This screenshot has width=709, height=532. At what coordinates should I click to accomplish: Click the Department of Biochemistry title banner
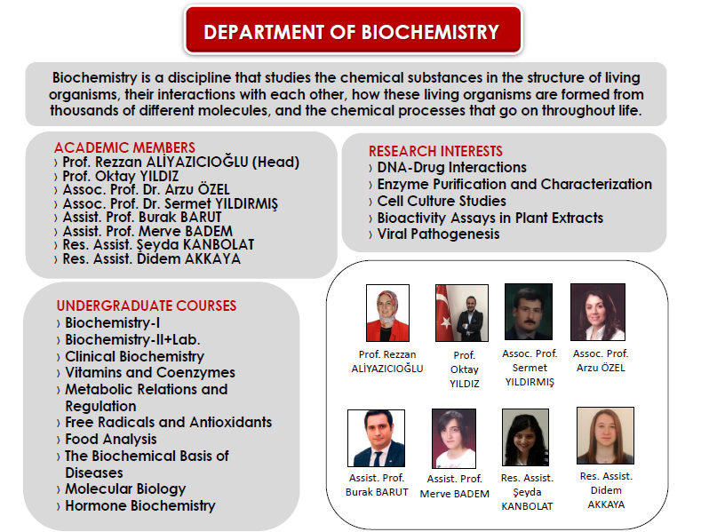coord(352,32)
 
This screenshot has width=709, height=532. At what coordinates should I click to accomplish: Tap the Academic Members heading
coord(124,147)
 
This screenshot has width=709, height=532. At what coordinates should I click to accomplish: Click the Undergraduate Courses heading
coord(147,306)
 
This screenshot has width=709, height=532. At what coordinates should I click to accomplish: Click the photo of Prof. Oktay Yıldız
coord(458,314)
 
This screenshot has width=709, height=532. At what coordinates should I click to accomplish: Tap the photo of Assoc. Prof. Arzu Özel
coord(597,313)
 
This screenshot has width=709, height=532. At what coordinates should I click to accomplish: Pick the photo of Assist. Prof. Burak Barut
coord(376,438)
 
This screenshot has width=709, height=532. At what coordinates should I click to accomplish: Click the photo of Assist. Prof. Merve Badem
coord(453,439)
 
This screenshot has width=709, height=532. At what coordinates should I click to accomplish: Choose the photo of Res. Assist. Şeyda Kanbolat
coord(526,438)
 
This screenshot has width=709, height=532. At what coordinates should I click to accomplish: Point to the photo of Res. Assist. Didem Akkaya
coord(604,435)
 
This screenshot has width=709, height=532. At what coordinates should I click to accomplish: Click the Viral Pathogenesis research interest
coord(438,234)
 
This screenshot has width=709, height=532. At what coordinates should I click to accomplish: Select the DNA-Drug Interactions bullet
coord(451,168)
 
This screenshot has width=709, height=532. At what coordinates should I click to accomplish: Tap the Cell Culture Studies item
coord(442,201)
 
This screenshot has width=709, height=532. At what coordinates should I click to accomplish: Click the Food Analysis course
coord(111,439)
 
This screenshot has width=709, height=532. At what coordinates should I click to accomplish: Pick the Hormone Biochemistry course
coord(140,505)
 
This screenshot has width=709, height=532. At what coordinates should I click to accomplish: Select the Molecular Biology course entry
coord(125,488)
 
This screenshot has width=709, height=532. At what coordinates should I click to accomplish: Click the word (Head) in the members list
coord(276,163)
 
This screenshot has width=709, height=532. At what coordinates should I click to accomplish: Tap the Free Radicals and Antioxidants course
coord(168,422)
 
